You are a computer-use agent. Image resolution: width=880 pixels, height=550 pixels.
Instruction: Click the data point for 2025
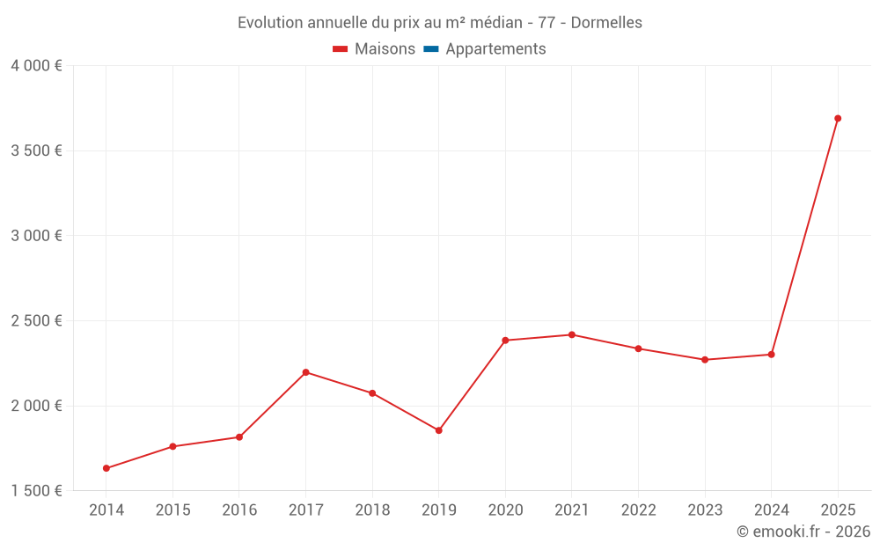[838, 118]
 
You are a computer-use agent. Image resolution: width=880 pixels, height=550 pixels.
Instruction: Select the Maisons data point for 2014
[106, 468]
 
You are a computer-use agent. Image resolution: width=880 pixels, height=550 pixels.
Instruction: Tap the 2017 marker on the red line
[305, 372]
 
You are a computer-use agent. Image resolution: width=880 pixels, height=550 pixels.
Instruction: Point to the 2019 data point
[438, 430]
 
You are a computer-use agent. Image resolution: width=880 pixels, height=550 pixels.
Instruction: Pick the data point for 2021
[572, 334]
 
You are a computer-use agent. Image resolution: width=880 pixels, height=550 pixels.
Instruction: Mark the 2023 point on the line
[705, 360]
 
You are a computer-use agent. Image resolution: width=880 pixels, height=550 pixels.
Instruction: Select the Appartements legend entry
[495, 49]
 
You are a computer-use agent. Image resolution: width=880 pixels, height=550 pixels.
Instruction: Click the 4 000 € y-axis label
[36, 66]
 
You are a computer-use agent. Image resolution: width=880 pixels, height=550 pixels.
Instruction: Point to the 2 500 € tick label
[36, 320]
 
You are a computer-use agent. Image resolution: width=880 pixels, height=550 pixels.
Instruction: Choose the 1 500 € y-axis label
[36, 491]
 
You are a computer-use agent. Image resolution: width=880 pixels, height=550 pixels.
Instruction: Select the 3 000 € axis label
[36, 236]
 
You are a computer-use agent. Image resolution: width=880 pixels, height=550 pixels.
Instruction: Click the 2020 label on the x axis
[505, 510]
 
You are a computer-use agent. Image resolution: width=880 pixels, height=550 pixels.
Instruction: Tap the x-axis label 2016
[239, 510]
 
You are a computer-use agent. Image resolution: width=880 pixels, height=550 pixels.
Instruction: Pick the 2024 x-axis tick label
[771, 510]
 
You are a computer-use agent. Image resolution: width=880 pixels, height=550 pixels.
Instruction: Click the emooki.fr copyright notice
[803, 532]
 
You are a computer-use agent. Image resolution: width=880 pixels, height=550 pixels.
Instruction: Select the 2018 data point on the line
[372, 393]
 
